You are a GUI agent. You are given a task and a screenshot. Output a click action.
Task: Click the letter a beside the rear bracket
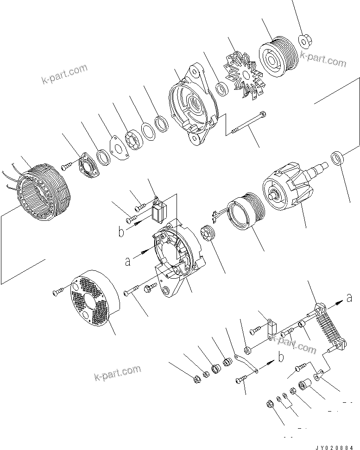pos(127,262)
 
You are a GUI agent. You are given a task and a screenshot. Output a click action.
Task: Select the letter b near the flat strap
pos(281,356)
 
